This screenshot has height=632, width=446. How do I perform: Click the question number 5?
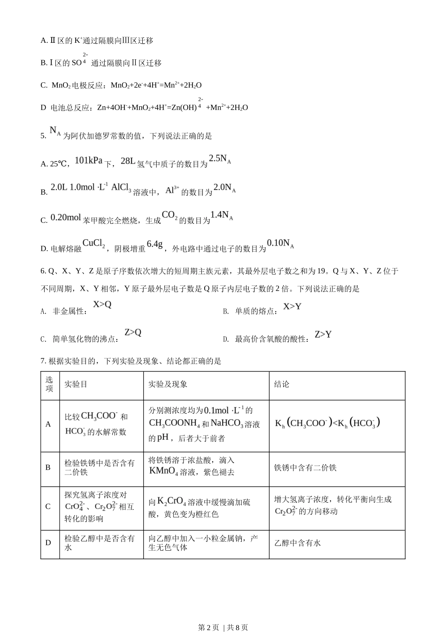point(43,136)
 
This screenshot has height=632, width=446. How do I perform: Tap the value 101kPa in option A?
point(88,160)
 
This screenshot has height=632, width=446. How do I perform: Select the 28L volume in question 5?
point(128,161)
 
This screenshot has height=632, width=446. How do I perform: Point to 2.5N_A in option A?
point(220,159)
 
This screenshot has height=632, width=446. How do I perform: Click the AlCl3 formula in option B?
point(121,188)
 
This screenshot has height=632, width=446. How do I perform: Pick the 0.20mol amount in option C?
point(65,217)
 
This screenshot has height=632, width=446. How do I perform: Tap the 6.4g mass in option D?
point(154,244)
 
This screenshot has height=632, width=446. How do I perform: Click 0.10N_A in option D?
point(280,244)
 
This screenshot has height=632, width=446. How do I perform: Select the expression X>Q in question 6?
point(102,304)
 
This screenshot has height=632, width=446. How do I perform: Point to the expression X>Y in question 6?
point(292,307)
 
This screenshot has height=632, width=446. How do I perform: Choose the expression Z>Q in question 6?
point(133,332)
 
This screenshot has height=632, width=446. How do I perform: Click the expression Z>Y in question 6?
point(323,334)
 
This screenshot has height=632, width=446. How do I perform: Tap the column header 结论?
point(282,384)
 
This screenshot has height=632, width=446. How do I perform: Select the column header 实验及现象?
point(168,384)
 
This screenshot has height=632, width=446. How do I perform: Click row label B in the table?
point(48,467)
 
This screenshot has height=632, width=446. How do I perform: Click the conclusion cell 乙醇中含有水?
point(298,543)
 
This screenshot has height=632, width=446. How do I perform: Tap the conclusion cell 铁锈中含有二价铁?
point(305,467)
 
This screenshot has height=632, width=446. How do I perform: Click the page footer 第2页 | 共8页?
point(223,627)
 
